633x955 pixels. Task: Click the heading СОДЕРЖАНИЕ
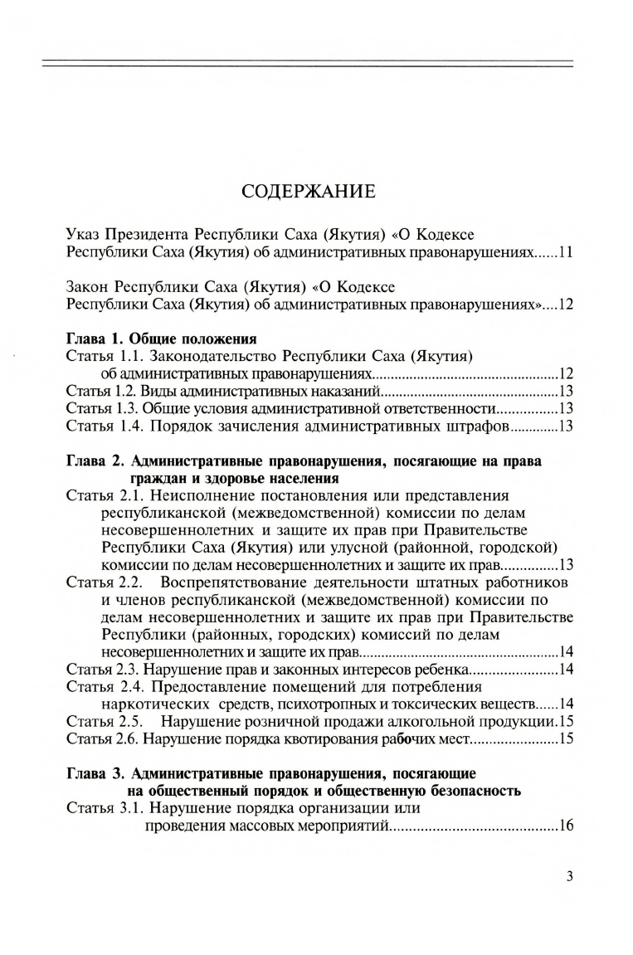pos(309,192)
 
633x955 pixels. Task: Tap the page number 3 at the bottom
pos(569,876)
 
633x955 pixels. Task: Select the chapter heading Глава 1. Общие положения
pos(160,339)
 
